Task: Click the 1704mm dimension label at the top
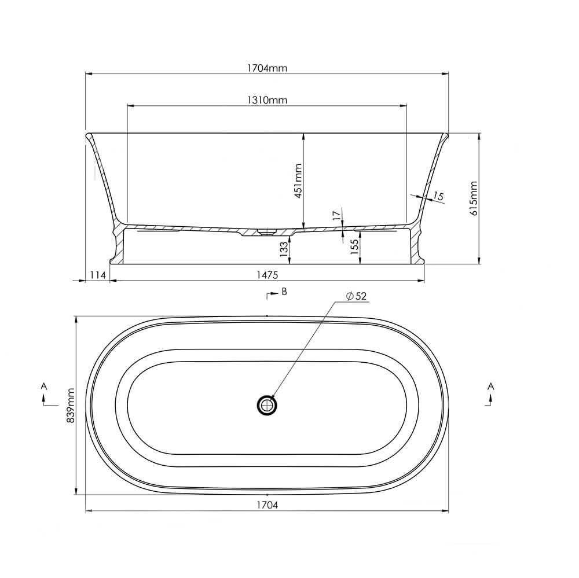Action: (267, 68)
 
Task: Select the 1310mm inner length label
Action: (267, 100)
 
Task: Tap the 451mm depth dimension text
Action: (298, 181)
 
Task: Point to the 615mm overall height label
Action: (474, 198)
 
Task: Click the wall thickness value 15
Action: (438, 196)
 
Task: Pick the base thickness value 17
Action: (336, 216)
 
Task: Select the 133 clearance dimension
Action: (284, 249)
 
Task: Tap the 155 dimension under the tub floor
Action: (354, 246)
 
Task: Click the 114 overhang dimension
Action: (98, 275)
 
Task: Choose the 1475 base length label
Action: (267, 275)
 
